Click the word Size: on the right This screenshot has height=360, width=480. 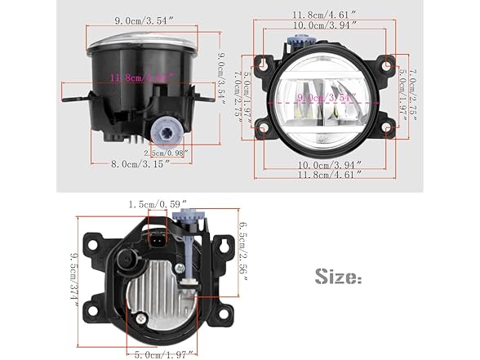click(x=337, y=277)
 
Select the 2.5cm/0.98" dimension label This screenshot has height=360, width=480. click(x=166, y=152)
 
